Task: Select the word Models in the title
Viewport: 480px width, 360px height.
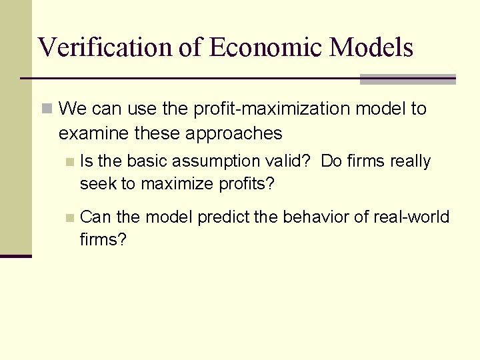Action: (x=371, y=47)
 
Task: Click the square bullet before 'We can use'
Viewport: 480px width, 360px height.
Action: (x=46, y=109)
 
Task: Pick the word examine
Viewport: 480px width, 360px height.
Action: (x=93, y=133)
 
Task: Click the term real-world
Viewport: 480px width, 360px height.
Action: (x=411, y=217)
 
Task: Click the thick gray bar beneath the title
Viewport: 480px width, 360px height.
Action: (x=407, y=79)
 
